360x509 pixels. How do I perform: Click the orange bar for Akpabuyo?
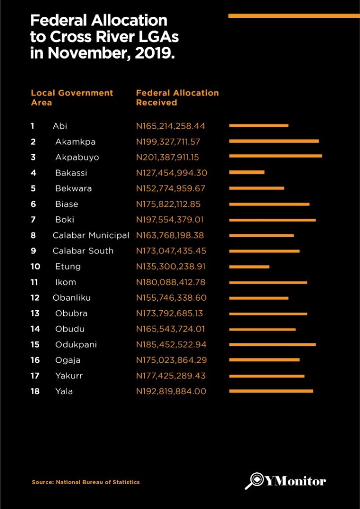click(275, 157)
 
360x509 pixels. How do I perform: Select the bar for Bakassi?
click(247, 172)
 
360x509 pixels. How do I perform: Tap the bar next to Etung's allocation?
click(249, 266)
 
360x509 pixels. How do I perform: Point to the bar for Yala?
click(271, 391)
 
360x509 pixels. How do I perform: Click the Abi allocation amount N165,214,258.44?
click(171, 126)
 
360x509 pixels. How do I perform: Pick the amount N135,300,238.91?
click(171, 266)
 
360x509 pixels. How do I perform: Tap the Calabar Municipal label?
click(91, 235)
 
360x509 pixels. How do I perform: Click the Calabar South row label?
click(83, 251)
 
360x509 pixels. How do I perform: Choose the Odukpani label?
click(76, 344)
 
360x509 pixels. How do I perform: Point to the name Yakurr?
click(69, 376)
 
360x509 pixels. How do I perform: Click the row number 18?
click(35, 391)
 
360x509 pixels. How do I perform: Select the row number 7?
click(33, 220)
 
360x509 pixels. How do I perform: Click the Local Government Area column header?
click(72, 97)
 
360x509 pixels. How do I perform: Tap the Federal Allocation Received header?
click(177, 97)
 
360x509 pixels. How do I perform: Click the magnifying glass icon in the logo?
click(256, 481)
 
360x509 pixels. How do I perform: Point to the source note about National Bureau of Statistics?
click(86, 482)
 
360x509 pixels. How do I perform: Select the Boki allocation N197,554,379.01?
click(171, 220)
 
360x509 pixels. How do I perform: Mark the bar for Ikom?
click(268, 282)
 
